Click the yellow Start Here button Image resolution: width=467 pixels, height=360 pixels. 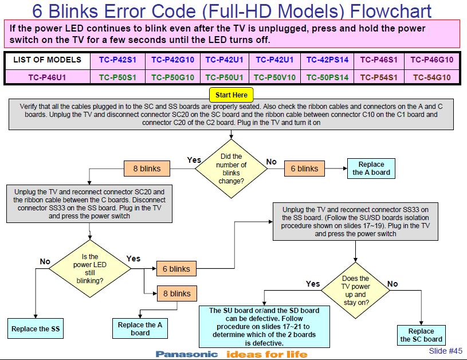tap(231, 95)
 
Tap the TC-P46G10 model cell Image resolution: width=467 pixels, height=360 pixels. tap(431, 60)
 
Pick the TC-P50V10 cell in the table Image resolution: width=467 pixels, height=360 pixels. tap(275, 77)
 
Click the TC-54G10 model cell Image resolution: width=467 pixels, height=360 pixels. tap(431, 77)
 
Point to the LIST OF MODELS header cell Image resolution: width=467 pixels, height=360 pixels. tap(47, 60)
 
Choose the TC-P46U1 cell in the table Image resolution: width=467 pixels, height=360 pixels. tap(47, 77)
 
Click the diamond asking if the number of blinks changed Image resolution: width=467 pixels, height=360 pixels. tap(232, 169)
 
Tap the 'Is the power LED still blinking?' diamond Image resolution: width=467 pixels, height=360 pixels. tap(89, 269)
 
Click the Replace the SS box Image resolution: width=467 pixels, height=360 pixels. tap(36, 329)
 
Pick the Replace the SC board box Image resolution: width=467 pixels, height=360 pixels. tap(421, 335)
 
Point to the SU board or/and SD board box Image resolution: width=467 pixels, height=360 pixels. tap(264, 326)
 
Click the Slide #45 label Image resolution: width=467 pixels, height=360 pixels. tap(445, 351)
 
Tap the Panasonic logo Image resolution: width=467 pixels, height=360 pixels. tap(187, 354)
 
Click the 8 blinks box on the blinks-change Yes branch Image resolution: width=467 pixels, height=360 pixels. tap(147, 169)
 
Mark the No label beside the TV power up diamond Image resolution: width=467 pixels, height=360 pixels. tap(393, 284)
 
